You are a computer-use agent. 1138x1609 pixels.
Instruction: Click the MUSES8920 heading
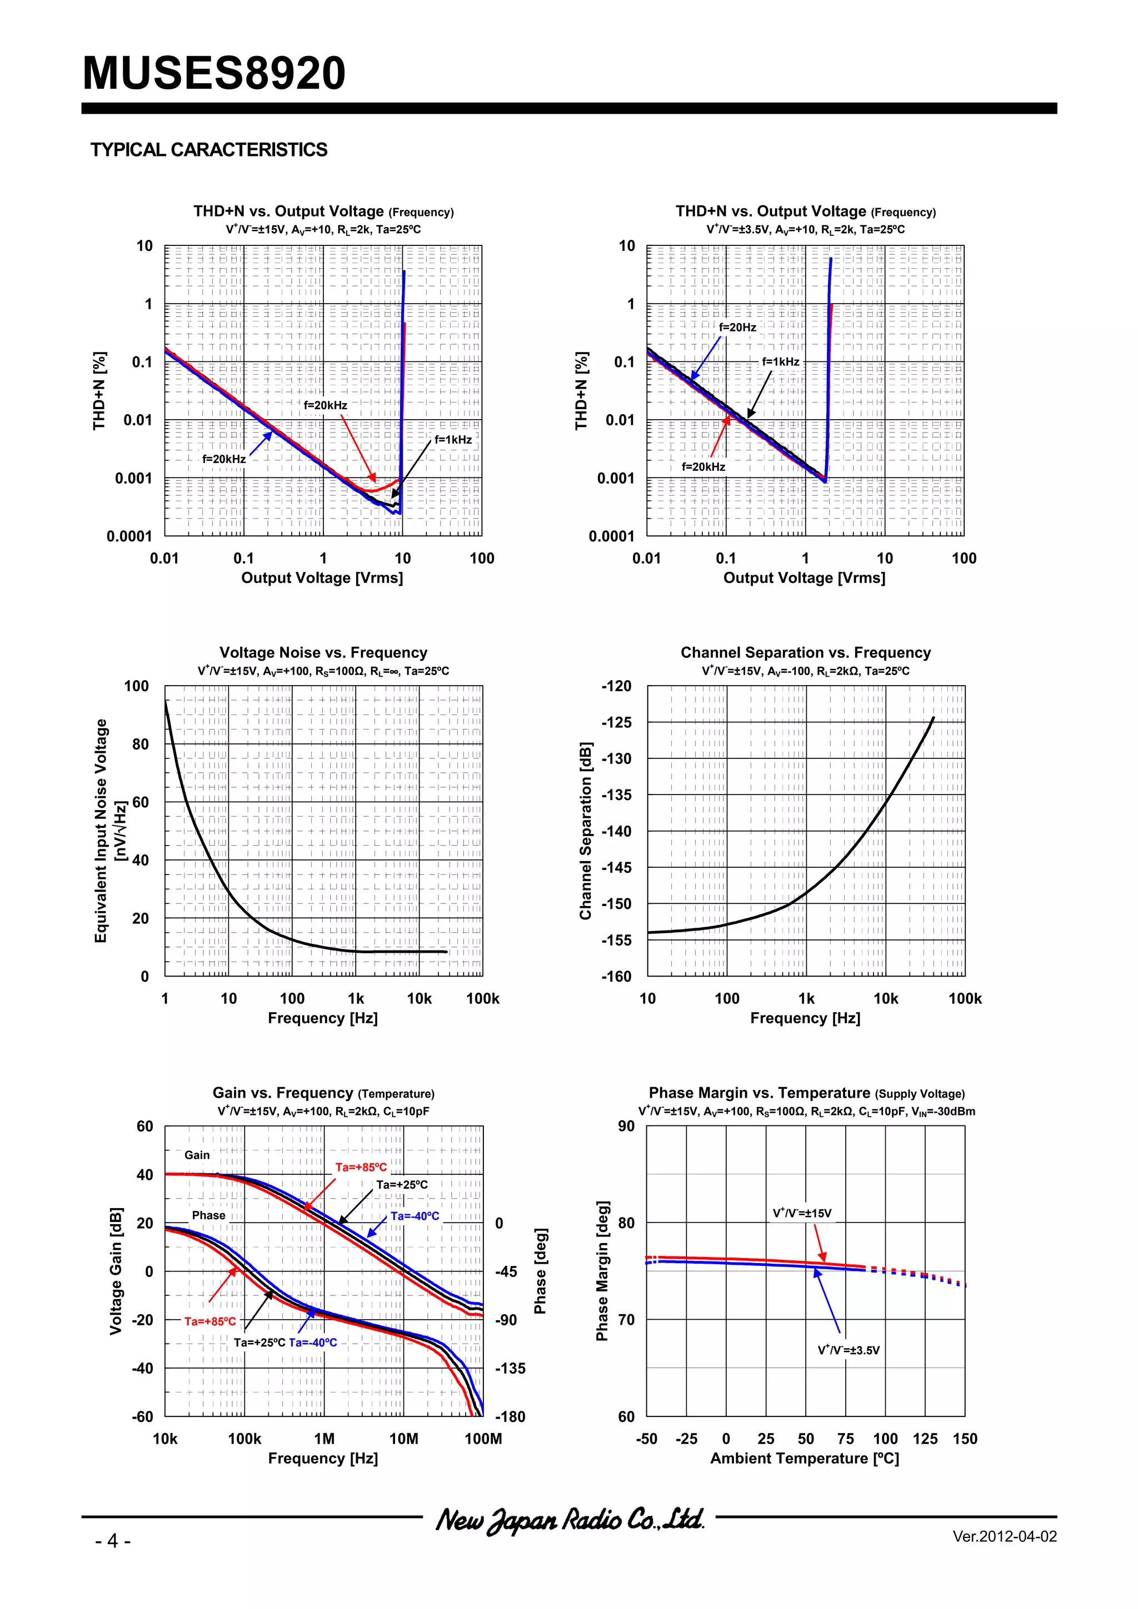(214, 74)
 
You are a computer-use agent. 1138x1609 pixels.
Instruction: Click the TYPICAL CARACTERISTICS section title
(208, 150)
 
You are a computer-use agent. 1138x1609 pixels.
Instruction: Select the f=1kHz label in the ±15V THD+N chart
(452, 439)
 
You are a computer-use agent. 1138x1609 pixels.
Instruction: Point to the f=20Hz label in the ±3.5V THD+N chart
(737, 327)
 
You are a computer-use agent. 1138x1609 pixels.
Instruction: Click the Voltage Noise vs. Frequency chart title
(323, 652)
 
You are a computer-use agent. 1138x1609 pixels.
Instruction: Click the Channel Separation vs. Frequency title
(805, 652)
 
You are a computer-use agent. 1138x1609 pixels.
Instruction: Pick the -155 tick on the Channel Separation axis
(616, 941)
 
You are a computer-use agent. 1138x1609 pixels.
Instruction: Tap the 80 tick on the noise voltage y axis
(141, 744)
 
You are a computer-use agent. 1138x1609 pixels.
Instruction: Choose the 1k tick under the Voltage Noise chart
(356, 999)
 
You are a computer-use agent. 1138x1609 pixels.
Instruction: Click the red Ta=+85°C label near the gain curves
(361, 1168)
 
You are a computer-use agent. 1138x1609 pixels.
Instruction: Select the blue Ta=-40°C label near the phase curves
(313, 1342)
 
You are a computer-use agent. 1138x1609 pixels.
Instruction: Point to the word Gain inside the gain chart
(197, 1155)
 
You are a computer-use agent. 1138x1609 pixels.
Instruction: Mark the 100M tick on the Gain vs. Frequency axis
(483, 1439)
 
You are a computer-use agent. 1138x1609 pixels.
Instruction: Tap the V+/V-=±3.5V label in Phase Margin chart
(848, 1350)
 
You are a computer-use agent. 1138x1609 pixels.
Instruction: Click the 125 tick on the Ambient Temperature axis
(925, 1439)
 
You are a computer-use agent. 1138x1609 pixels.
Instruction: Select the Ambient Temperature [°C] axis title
(804, 1459)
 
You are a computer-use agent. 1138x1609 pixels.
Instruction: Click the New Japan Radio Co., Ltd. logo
(570, 1519)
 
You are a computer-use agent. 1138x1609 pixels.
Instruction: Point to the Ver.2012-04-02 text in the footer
(1004, 1537)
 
